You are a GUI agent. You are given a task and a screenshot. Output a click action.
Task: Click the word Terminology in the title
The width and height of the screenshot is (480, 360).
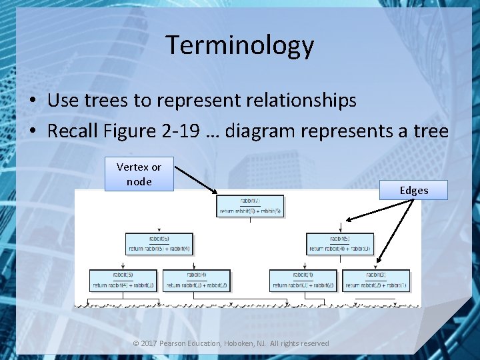coord(239,45)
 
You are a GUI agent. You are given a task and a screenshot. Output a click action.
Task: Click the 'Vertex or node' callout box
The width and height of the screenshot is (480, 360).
coord(139,174)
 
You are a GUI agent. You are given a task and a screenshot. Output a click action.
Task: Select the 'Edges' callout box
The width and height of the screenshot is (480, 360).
coord(413,190)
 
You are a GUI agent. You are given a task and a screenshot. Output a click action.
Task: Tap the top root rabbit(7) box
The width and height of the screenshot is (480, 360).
coord(250,206)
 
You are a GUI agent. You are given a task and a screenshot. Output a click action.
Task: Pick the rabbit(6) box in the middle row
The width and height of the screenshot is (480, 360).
coord(159,243)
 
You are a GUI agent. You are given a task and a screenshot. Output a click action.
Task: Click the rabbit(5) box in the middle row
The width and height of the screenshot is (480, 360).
coord(340,243)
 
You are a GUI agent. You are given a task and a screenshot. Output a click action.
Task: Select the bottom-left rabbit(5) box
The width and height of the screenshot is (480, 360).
coord(123,280)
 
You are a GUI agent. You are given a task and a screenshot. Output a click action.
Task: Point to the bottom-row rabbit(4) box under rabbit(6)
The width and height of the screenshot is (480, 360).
coord(197,280)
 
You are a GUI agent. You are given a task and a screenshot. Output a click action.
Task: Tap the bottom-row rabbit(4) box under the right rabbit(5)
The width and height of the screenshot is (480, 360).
coord(303,280)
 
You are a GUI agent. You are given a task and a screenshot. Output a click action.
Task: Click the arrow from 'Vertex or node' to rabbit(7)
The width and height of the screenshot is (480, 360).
coord(195,180)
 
